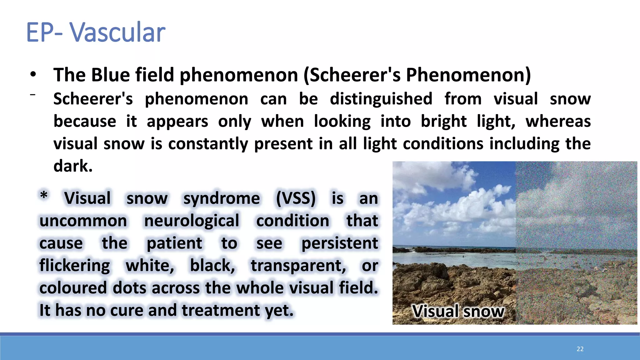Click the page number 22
[580, 349]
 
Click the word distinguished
[381, 99]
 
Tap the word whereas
[558, 121]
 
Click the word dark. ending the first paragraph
[73, 166]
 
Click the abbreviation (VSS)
[296, 198]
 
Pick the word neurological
[192, 221]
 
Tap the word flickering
[75, 266]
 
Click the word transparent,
[298, 266]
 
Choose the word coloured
[73, 288]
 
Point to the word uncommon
[83, 221]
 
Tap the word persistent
[340, 243]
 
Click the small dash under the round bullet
[32, 94]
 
